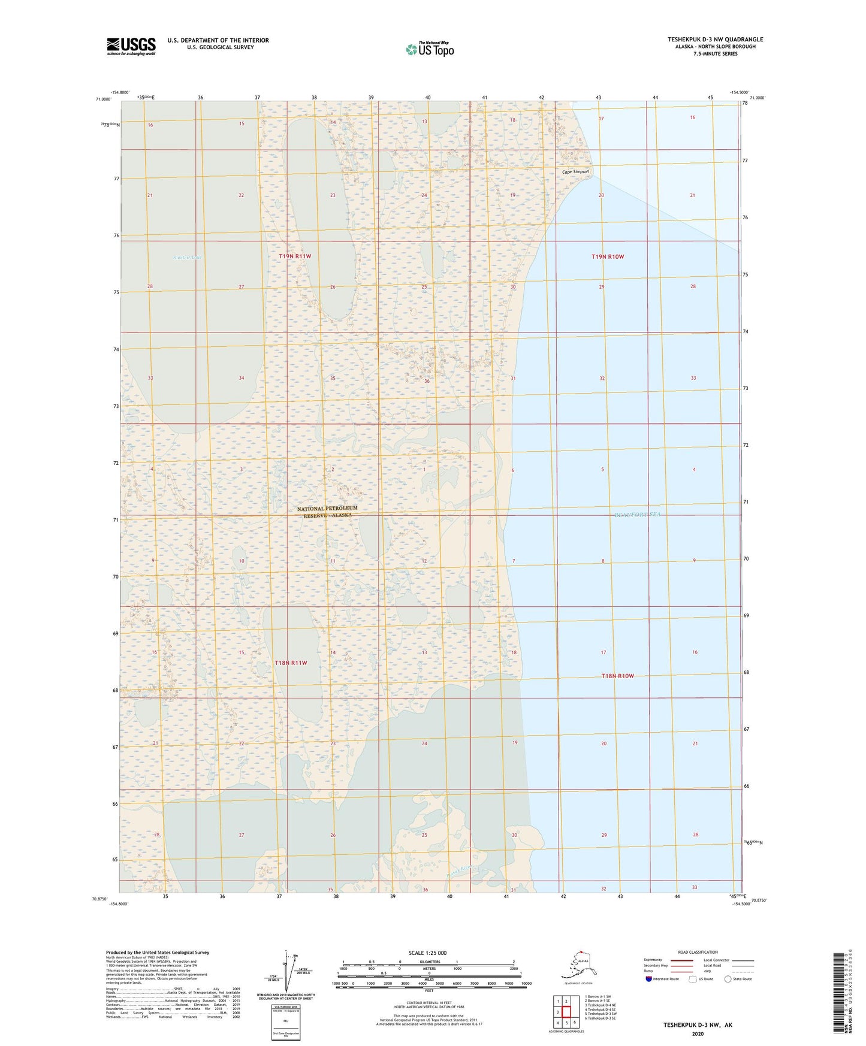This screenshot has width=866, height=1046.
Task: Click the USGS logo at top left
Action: pos(131,46)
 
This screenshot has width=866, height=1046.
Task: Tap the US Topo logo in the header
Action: pos(429,49)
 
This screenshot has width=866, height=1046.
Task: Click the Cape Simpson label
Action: pos(575,172)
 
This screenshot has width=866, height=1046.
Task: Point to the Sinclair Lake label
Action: pos(188,258)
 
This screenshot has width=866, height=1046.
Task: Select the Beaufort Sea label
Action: pos(637,515)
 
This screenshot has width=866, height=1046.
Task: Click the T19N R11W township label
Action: pos(295,256)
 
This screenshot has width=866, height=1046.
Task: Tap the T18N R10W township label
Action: pos(617,676)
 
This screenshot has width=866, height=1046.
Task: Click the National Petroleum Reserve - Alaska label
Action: pos(327,512)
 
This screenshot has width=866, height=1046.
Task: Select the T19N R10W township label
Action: pos(608,256)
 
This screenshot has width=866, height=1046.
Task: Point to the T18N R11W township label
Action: pos(291,663)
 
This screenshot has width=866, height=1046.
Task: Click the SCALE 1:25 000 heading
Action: pos(427,953)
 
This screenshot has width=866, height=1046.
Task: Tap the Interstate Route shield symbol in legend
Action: pos(649,980)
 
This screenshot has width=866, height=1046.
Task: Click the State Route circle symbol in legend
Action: pos(728,980)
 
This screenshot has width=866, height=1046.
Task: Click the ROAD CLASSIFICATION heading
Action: pos(698,952)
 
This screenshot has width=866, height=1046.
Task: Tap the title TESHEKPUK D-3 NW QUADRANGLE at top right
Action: pos(715,40)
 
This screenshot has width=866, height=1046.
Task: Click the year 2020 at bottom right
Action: pos(698,1033)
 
